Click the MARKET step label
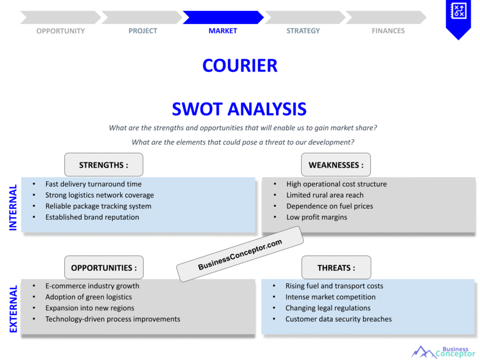pyautogui.click(x=223, y=31)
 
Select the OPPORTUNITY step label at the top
pyautogui.click(x=60, y=31)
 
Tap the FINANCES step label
pyautogui.click(x=388, y=31)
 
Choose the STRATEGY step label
pyautogui.click(x=303, y=31)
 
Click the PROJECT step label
pyautogui.click(x=143, y=31)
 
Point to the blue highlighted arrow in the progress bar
pyautogui.click(x=223, y=17)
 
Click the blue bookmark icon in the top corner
pyautogui.click(x=458, y=17)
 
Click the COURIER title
pyautogui.click(x=240, y=66)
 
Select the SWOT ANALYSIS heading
pyautogui.click(x=239, y=109)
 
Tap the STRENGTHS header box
pyautogui.click(x=104, y=165)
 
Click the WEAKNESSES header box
pyautogui.click(x=336, y=165)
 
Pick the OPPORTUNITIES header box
pyautogui.click(x=104, y=268)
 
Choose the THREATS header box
pyautogui.click(x=336, y=268)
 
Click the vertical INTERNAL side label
pyautogui.click(x=13, y=207)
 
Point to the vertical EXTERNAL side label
pyautogui.click(x=13, y=309)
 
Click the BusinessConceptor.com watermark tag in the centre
pyautogui.click(x=240, y=254)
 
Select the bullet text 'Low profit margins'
pyautogui.click(x=316, y=217)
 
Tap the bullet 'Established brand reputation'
pyautogui.click(x=92, y=217)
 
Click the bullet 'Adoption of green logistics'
pyautogui.click(x=89, y=297)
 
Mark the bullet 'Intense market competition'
pyautogui.click(x=330, y=297)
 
